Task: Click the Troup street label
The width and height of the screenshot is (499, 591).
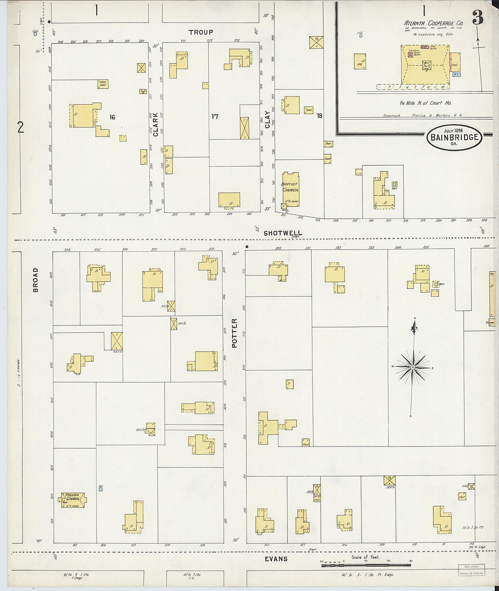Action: tap(201, 32)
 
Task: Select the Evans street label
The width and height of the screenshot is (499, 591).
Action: tap(276, 559)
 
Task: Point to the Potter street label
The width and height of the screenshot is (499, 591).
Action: tap(235, 333)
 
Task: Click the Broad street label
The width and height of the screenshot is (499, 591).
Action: tap(35, 280)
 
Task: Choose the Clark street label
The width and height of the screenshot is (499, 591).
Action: tap(156, 125)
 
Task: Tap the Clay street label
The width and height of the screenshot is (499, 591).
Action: tap(267, 120)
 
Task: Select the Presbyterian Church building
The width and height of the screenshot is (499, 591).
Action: tap(73, 499)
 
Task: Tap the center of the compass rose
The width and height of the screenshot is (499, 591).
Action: tap(413, 367)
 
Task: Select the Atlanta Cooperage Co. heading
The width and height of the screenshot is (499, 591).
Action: tap(433, 23)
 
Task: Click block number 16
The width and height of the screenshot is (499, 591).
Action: tap(112, 117)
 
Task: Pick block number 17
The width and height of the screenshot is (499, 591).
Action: tap(215, 116)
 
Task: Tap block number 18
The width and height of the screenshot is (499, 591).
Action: tap(319, 116)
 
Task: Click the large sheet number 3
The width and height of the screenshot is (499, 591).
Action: tap(477, 17)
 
